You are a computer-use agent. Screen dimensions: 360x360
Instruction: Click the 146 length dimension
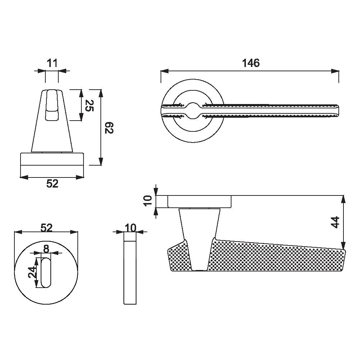click(251, 63)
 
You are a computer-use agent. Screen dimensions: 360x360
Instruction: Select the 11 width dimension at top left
click(52, 63)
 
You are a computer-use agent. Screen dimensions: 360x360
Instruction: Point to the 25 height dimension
click(89, 105)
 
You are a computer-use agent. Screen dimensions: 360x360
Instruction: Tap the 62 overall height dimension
click(109, 128)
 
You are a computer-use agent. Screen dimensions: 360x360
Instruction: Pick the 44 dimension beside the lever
click(336, 222)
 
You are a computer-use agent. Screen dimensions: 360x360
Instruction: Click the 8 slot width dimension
click(46, 249)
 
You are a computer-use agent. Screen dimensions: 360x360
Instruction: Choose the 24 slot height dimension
click(32, 272)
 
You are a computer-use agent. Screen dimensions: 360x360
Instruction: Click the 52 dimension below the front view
click(52, 184)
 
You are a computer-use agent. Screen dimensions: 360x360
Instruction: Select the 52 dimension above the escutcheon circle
click(46, 228)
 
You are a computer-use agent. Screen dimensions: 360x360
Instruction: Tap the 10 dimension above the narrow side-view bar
click(131, 228)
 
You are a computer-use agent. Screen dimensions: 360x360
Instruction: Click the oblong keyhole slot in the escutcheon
click(46, 273)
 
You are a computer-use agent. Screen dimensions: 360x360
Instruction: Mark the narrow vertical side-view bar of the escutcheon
click(130, 268)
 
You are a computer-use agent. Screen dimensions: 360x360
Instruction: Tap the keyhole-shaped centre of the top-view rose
click(193, 111)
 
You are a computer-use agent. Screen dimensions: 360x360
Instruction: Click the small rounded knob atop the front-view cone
click(51, 105)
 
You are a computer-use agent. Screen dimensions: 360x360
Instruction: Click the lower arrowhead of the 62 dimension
click(100, 161)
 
